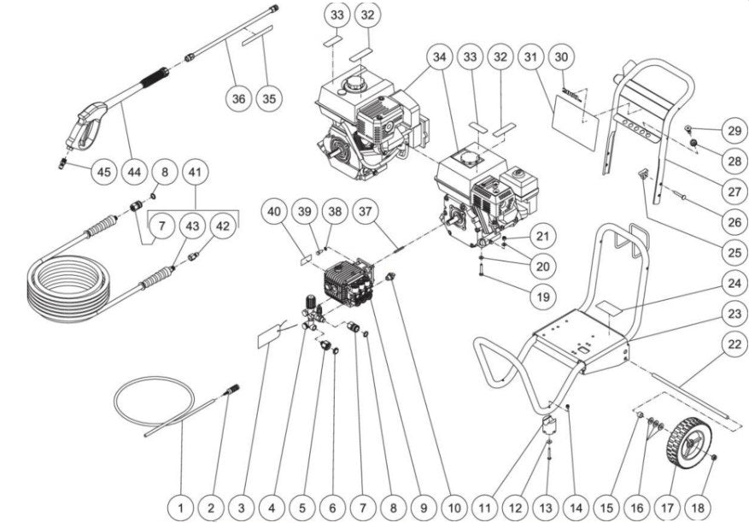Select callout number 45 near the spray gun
pos(103,172)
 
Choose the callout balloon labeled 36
pos(239,99)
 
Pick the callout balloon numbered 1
pos(180,506)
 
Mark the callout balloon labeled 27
pos(731,191)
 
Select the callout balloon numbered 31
pos(530,57)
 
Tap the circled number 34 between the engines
pos(439,57)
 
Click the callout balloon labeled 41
pos(196,172)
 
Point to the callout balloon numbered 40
pos(274,211)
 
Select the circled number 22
pos(731,344)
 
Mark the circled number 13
pos(544,506)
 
